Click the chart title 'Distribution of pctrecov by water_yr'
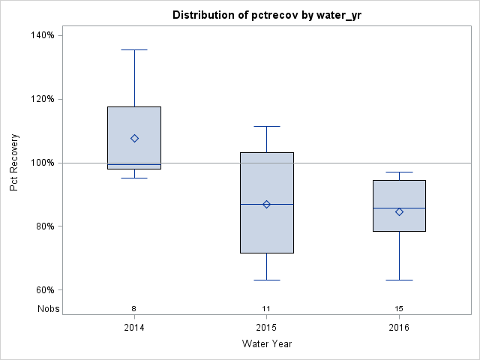point(266,15)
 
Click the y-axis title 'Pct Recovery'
point(14,163)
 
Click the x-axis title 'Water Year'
point(266,343)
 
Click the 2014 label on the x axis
point(134,328)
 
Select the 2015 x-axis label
point(266,328)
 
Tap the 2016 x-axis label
point(399,328)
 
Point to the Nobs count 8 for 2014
point(134,308)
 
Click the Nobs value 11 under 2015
point(266,308)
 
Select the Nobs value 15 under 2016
point(399,308)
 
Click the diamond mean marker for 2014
point(134,138)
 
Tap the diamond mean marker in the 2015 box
point(266,204)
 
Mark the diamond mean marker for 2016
point(399,211)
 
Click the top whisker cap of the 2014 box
point(134,49)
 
